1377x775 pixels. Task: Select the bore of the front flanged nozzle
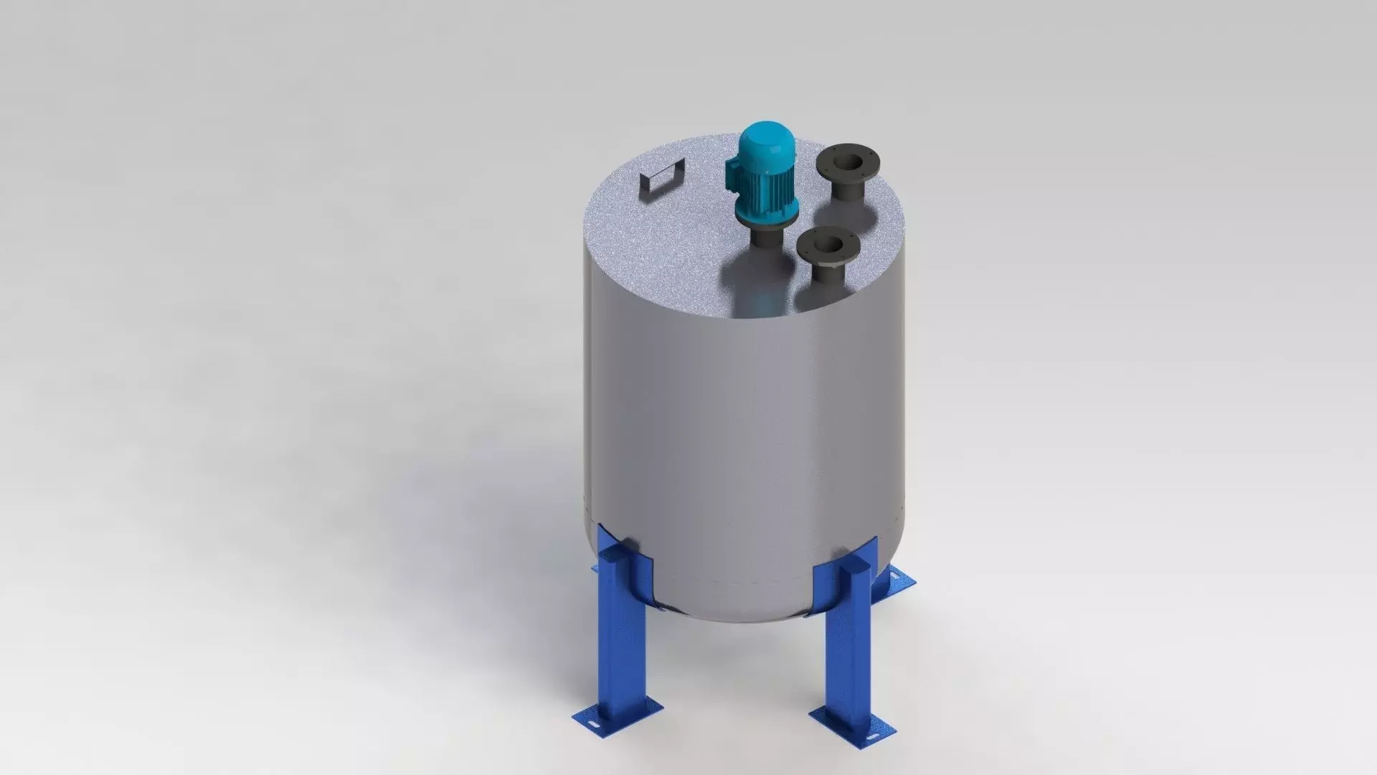pos(828,243)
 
